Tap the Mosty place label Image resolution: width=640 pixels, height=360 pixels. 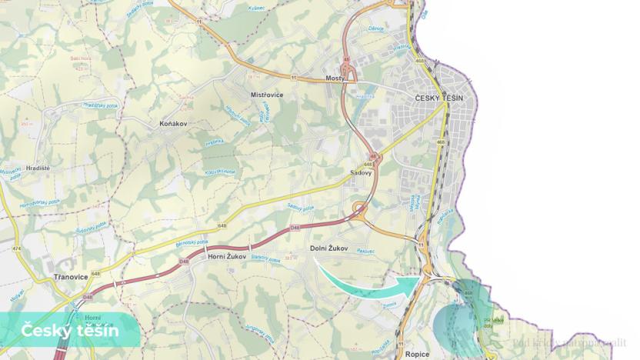pos(336,79)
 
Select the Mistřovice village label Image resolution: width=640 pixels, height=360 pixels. pos(267,95)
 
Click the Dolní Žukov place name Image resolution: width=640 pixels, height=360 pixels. pos(328,248)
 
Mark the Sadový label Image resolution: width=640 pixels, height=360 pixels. pos(361,173)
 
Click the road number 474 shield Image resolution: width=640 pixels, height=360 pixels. pos(15,248)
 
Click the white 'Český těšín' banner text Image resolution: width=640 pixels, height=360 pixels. pos(69,332)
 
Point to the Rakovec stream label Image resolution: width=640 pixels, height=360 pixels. pos(365,252)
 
